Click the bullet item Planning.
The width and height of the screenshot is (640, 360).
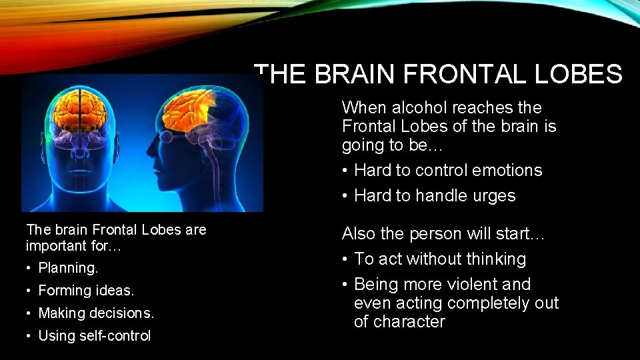[68, 268]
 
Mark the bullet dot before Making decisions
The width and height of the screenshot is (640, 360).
[29, 313]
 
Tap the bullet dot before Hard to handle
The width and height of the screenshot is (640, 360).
[345, 196]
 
